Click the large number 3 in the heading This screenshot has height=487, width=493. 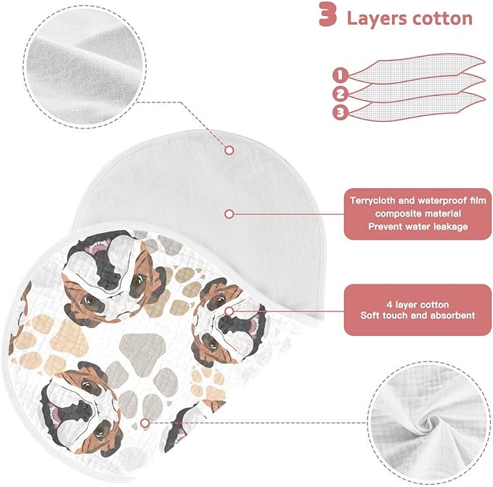point(328,15)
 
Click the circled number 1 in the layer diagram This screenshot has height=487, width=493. point(341,75)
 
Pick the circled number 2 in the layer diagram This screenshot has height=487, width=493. point(341,94)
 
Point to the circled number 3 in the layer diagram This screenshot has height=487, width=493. point(341,112)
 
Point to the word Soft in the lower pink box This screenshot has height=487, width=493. point(370,316)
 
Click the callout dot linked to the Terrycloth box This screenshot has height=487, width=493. point(229,214)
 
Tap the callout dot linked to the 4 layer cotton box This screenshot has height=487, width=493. point(229,311)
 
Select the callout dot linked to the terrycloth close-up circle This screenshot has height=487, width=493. point(229,150)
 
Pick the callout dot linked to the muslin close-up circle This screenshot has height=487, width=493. point(144,423)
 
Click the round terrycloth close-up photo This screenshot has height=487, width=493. point(84,66)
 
